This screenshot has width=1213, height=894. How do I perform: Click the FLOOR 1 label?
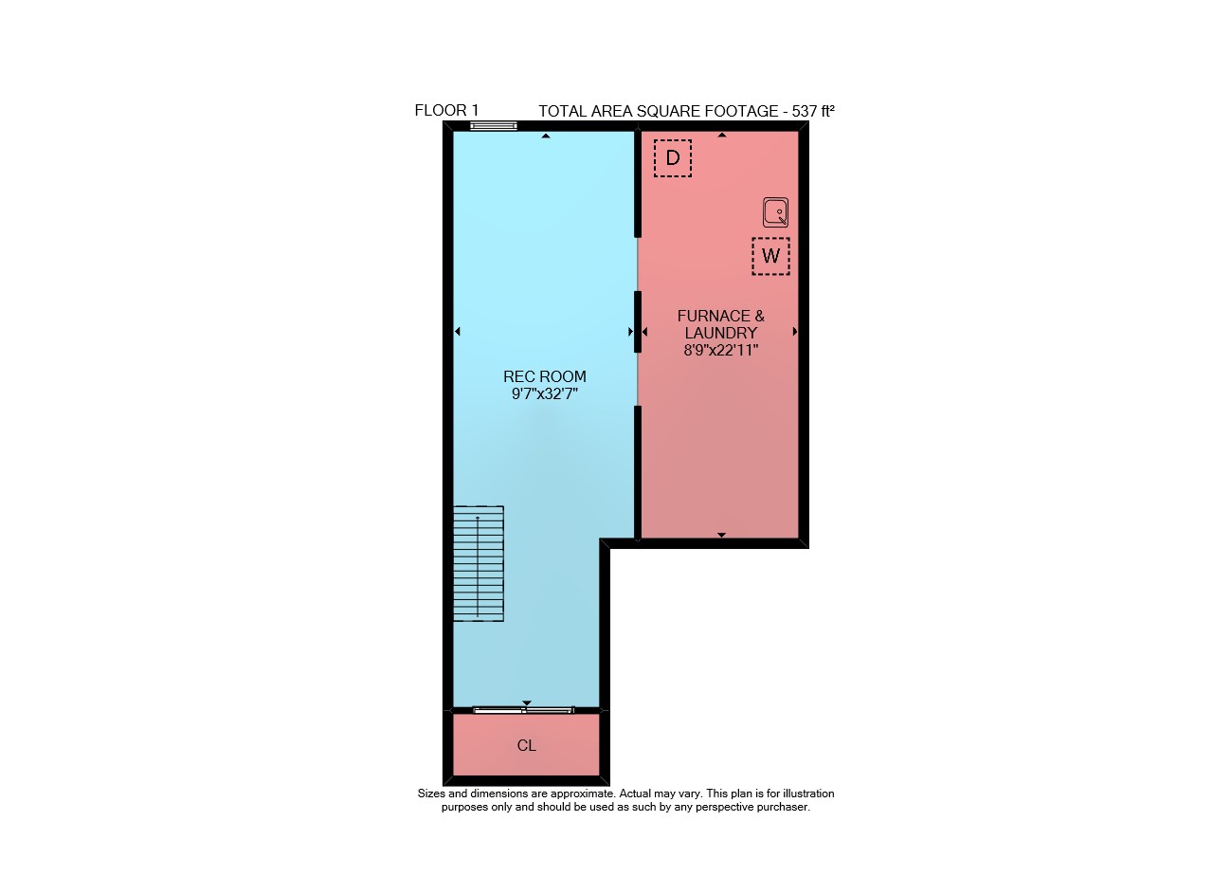446,111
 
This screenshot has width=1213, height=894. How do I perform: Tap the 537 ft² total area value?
813,111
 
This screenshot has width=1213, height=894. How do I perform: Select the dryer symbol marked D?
673,157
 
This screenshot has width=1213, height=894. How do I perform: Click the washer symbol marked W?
770,256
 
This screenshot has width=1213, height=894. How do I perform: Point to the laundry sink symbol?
775,211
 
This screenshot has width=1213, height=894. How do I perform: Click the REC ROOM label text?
545,376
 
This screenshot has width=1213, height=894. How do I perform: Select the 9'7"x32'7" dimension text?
545,393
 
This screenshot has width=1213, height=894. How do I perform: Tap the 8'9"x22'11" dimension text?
721,350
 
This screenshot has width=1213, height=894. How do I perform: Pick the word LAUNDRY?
721,333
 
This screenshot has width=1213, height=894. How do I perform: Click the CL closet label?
526,746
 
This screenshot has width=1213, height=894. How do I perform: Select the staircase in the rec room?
479,563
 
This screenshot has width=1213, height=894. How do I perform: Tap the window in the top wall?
494,126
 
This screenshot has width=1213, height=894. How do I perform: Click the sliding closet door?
523,710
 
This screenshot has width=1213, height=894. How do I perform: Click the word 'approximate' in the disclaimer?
582,794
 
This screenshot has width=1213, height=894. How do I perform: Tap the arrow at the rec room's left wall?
458,331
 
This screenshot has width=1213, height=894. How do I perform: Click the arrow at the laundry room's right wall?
794,331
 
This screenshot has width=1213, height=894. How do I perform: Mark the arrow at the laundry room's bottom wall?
721,535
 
